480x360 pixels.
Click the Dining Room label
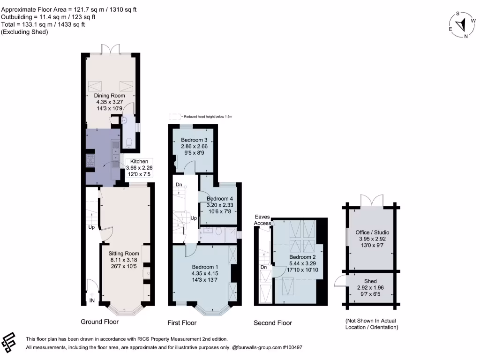point(111,96)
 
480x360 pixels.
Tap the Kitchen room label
point(139,161)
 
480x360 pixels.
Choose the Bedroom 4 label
point(220,198)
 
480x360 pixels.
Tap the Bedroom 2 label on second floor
point(302,257)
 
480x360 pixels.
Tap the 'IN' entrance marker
point(92,300)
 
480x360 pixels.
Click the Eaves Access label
point(262,220)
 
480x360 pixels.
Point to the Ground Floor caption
point(100,322)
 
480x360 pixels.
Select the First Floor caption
point(182,322)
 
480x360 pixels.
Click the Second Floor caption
point(272,322)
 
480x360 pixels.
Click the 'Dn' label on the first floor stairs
point(179,185)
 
